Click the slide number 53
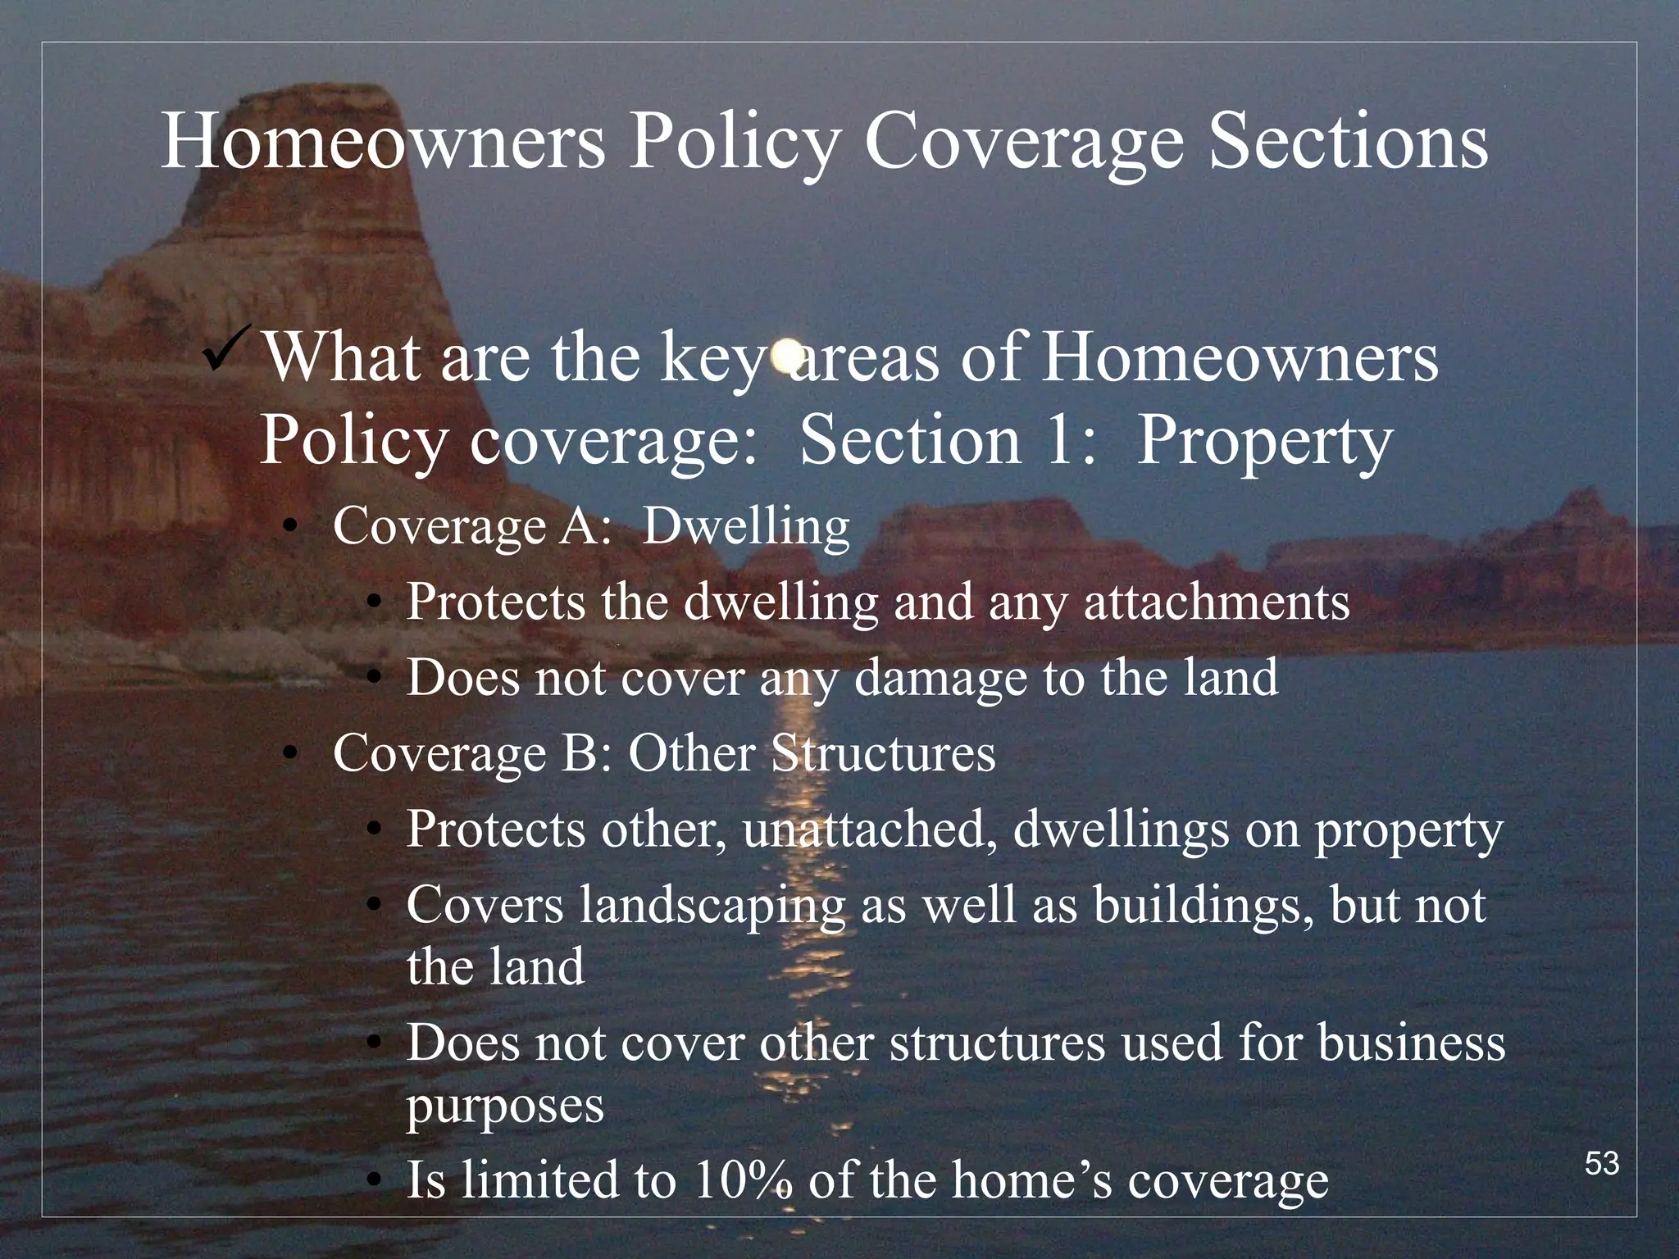[x=1602, y=1164]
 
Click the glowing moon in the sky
[x=785, y=353]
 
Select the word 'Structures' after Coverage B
[x=884, y=753]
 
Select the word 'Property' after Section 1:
[x=1264, y=441]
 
